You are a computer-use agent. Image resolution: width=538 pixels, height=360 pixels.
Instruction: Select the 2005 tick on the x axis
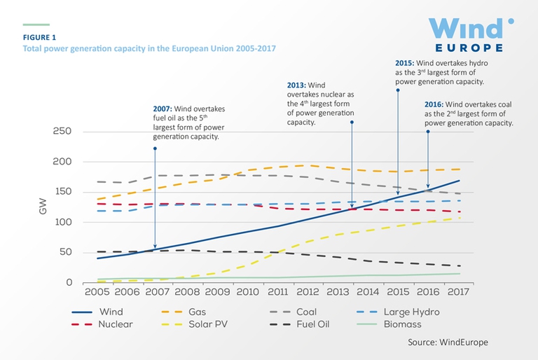(97, 291)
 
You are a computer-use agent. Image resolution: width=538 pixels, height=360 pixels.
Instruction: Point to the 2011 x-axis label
(279, 291)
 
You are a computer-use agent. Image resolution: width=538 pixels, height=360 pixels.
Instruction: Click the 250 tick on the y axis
(64, 132)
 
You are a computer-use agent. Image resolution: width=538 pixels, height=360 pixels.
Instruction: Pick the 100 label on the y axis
(64, 223)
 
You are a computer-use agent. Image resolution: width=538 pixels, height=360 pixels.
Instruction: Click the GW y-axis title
(43, 207)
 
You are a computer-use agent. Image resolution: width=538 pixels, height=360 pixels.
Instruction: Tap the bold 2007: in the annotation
(164, 109)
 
